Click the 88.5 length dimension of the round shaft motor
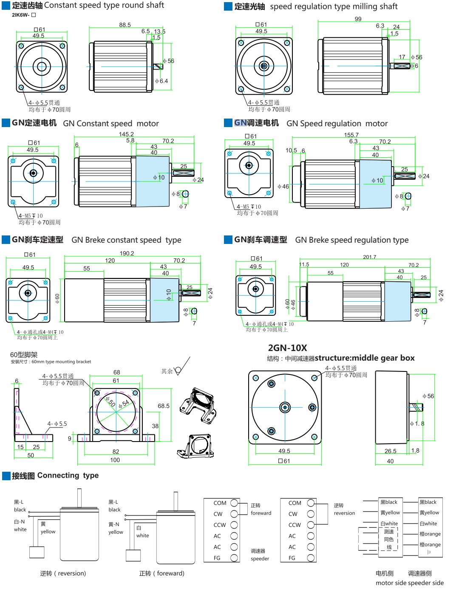(125, 25)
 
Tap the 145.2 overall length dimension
(126, 134)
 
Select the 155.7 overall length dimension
(351, 135)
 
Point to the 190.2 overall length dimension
(127, 253)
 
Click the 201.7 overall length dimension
(370, 257)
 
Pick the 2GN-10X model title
(287, 348)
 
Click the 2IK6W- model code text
(21, 15)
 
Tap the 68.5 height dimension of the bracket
(164, 406)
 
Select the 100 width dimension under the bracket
(115, 460)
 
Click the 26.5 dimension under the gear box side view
(391, 451)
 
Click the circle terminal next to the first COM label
(234, 503)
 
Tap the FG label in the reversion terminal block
(292, 558)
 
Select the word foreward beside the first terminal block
(261, 513)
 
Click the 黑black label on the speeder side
(428, 502)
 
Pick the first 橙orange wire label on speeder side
(430, 534)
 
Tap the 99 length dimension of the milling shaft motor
(358, 19)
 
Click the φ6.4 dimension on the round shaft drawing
(161, 81)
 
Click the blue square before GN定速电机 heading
(6, 123)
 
